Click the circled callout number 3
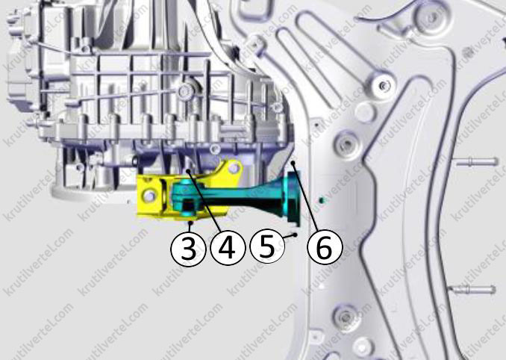tap(188, 249)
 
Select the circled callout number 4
tap(228, 248)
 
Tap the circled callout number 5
tap(267, 248)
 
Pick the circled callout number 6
tap(324, 248)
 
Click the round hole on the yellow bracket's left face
tap(149, 195)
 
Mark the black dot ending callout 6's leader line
tap(293, 164)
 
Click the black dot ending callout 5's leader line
tap(295, 235)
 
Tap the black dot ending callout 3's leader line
tap(191, 223)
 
